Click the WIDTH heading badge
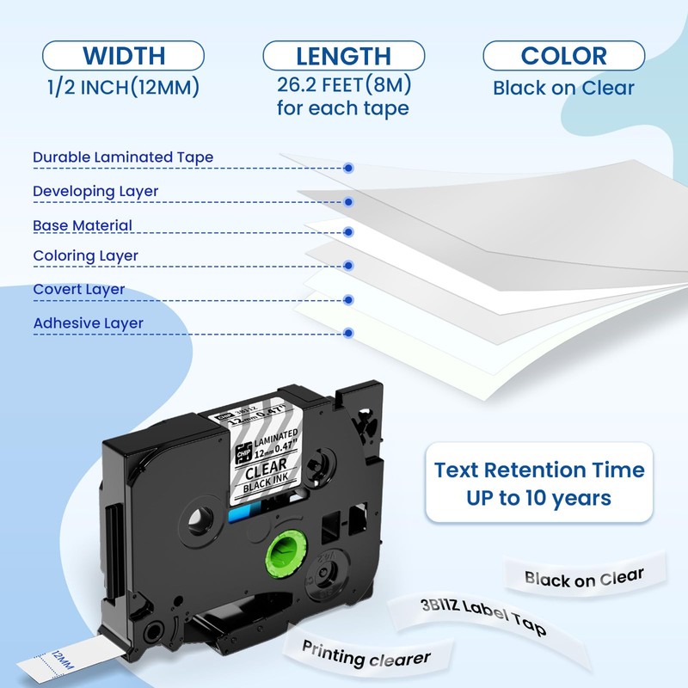[x=123, y=57]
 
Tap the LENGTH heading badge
[x=343, y=57]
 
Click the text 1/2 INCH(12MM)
[x=123, y=86]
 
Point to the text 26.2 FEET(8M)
[x=343, y=86]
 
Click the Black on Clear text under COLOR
[x=563, y=87]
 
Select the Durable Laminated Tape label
[x=123, y=157]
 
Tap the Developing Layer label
[x=95, y=191]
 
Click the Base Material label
[x=83, y=225]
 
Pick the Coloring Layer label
[x=85, y=256]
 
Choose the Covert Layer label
[x=79, y=290]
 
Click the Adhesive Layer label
[x=88, y=323]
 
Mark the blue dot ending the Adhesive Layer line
[x=348, y=332]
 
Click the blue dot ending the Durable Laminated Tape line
[x=348, y=169]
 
